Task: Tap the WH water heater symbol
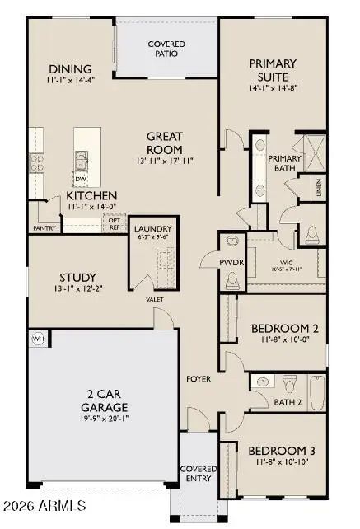[x=37, y=339]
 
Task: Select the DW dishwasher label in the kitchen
[x=81, y=179]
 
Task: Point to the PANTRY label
[x=44, y=228]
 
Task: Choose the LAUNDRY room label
[x=152, y=229]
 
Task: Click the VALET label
[x=155, y=300]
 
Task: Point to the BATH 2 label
[x=288, y=402]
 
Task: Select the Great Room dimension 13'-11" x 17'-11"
[x=170, y=150]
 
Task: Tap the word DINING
[x=70, y=68]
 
